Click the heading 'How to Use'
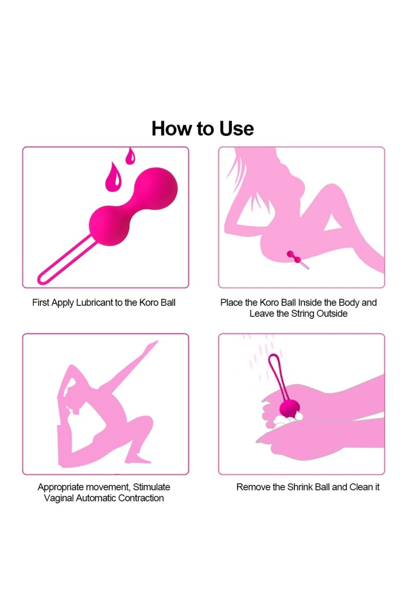click(203, 128)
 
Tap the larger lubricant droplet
click(113, 177)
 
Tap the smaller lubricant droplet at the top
click(130, 157)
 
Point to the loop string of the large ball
click(65, 260)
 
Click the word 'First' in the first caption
click(41, 303)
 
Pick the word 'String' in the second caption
click(302, 314)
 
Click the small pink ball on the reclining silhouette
click(294, 257)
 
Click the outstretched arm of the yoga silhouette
click(131, 362)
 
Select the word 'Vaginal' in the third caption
click(58, 498)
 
